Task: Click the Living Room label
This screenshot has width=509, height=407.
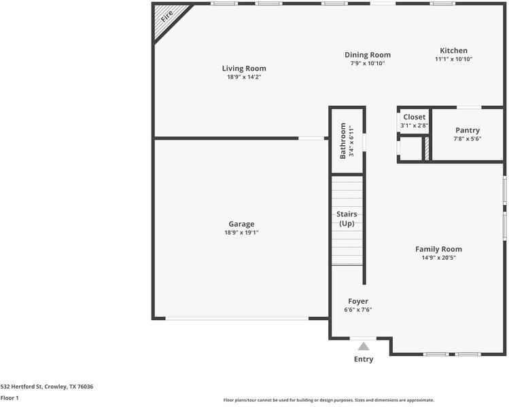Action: [244, 69]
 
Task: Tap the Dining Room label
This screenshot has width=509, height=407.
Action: [368, 55]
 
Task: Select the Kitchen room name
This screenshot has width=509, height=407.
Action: [453, 51]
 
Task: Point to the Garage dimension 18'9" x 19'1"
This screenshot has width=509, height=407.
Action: [241, 233]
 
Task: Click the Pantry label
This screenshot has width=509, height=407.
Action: [468, 130]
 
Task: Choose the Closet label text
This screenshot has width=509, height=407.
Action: [414, 117]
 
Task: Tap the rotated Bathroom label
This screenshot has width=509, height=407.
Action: [343, 141]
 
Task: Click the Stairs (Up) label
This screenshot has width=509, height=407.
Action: [347, 219]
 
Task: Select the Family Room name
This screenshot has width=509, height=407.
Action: [438, 249]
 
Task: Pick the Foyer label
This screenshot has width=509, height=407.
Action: [358, 301]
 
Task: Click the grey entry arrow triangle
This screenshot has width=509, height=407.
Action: [364, 347]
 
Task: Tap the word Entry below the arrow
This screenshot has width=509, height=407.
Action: [364, 360]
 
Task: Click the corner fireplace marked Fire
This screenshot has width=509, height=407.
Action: [166, 17]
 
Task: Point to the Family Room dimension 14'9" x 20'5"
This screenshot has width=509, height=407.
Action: [438, 258]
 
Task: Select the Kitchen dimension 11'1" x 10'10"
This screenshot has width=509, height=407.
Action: [453, 60]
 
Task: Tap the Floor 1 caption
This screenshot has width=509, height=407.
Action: [10, 398]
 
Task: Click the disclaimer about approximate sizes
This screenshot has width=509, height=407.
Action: [328, 400]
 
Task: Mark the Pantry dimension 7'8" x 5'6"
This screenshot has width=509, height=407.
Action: [468, 139]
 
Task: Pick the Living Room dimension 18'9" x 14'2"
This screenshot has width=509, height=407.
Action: [244, 77]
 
